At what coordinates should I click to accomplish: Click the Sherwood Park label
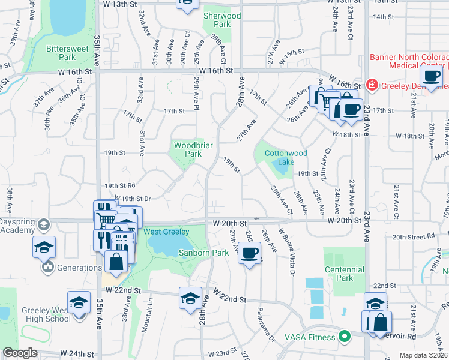point(221,20)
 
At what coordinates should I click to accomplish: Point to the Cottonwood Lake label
point(286,157)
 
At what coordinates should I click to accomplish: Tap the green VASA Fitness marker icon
point(344,337)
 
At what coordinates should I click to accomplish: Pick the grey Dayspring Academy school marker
point(43,225)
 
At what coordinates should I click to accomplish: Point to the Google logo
point(20,353)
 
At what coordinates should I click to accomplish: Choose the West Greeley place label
point(166,232)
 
